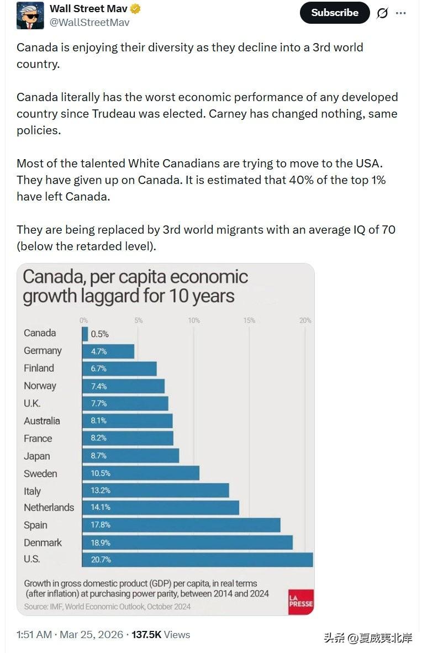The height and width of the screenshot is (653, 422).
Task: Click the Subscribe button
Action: click(335, 13)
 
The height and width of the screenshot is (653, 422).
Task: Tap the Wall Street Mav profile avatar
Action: click(30, 15)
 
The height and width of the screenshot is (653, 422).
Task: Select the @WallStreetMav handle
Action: click(89, 22)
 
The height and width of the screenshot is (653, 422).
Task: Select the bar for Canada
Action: click(85, 334)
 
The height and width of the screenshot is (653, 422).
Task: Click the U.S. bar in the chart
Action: click(197, 560)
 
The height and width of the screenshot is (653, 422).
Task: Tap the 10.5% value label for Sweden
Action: click(101, 473)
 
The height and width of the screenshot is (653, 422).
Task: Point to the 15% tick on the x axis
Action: click(249, 320)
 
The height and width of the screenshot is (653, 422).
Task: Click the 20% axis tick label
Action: click(305, 320)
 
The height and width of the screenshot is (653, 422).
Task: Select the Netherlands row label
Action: click(49, 507)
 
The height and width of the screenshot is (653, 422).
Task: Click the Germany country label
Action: click(43, 351)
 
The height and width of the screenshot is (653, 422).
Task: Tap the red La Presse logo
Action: click(300, 602)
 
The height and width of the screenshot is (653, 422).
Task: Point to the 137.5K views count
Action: click(146, 635)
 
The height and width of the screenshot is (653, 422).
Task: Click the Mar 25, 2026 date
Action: click(91, 635)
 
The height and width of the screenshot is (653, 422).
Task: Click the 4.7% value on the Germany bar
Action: click(99, 351)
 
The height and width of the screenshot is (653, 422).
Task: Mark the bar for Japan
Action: click(130, 456)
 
